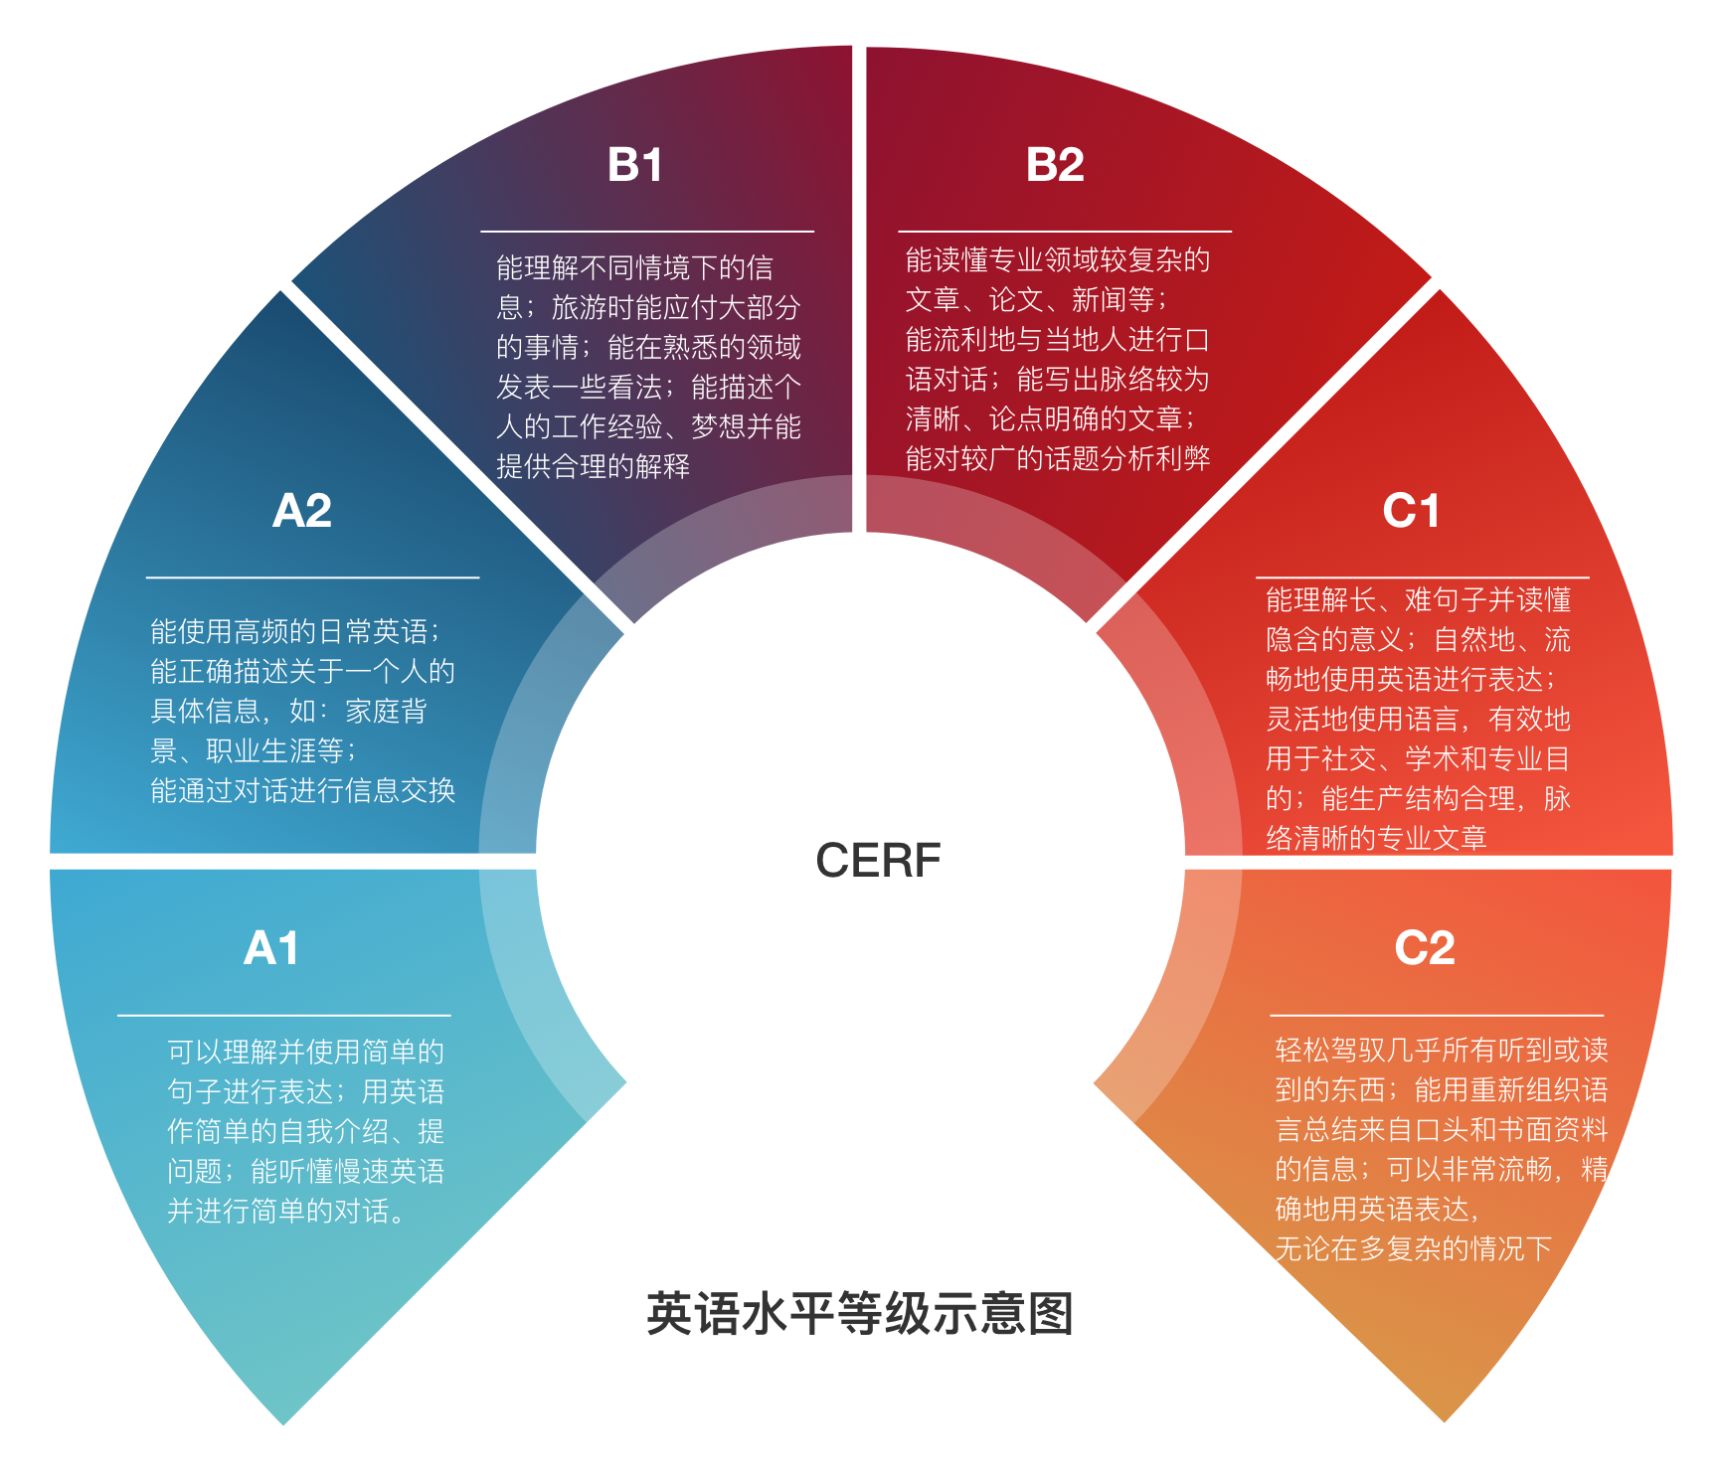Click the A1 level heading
point(271,948)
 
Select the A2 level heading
point(302,511)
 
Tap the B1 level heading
point(634,165)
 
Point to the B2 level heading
point(1055,165)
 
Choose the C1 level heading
point(1411,511)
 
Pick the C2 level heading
point(1425,948)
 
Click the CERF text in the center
point(878,861)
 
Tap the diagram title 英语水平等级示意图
point(860,1314)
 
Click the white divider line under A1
point(283,1016)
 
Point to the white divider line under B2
point(1065,232)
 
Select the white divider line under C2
point(1437,1016)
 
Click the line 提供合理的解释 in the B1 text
point(593,466)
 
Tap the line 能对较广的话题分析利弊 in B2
point(1058,458)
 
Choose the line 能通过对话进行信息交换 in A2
point(302,790)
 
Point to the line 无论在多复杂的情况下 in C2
point(1413,1248)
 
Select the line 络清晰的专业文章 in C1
point(1376,838)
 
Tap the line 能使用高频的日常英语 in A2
point(294,631)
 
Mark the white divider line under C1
point(1422,577)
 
